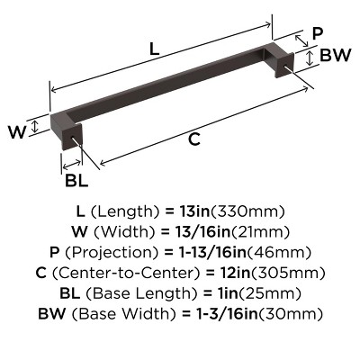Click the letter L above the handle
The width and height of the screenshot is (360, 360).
pos(155,51)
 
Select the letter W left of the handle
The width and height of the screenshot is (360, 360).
pos(15,131)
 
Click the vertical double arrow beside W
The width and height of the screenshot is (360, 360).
pos(35,127)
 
